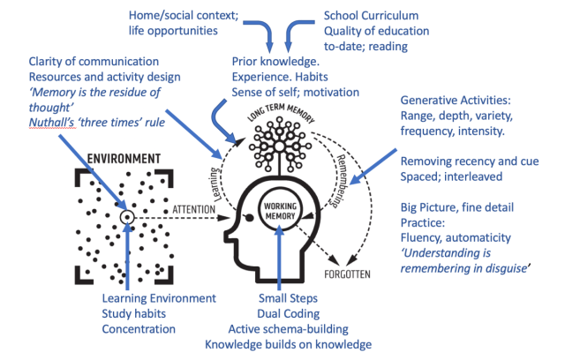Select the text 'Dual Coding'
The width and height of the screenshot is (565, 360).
pos(289,312)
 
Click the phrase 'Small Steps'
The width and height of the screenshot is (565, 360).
pos(289,296)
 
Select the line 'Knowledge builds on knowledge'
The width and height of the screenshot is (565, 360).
pos(288,344)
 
